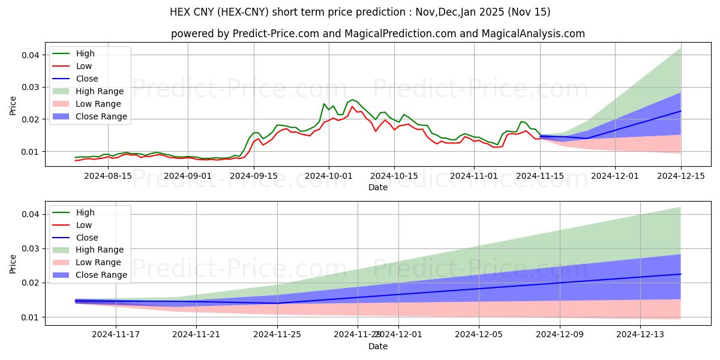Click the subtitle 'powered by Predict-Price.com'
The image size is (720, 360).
[x=378, y=34]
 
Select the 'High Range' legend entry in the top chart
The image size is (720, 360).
[x=100, y=91]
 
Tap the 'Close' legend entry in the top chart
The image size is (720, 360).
[x=87, y=79]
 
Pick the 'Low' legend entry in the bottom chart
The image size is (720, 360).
[x=84, y=225]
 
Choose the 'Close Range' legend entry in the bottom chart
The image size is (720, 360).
[x=101, y=275]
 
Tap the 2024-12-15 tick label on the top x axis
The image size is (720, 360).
[x=680, y=176]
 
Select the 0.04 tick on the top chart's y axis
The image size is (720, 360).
[x=31, y=55]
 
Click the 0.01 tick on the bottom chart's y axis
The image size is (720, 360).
[x=31, y=317]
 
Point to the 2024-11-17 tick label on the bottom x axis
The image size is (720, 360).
[x=115, y=334]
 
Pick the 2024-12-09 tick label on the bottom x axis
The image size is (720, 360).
[x=560, y=334]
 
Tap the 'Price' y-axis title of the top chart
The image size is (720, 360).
[x=13, y=105]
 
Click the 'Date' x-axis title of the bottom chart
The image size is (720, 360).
[x=378, y=346]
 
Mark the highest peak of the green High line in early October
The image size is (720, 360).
[x=352, y=99]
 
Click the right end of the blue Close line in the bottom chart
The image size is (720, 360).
[x=680, y=274]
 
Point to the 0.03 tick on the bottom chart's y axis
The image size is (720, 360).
[x=31, y=248]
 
